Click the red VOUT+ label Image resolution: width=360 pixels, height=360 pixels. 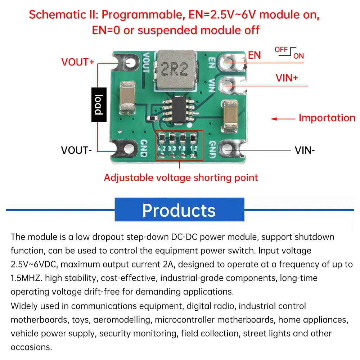78,62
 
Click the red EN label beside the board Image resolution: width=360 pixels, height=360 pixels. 255,55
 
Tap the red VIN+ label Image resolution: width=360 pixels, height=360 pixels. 287,78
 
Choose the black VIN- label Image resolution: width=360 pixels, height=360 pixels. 305,150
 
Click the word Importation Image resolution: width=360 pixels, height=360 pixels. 327,118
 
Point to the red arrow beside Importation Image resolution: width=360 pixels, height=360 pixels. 283,119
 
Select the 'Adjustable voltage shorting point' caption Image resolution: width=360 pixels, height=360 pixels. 181,177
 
